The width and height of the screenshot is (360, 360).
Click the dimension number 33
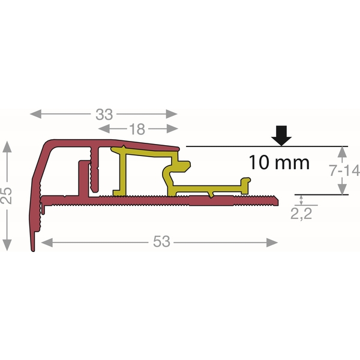coord(104,115)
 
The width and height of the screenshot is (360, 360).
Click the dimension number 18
coord(137,129)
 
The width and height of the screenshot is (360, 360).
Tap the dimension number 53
coord(161,242)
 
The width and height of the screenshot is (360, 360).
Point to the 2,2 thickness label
coord(301,214)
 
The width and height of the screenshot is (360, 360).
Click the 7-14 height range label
coord(344,170)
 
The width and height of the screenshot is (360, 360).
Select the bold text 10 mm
coord(279,163)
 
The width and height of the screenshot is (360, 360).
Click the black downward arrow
coord(281,136)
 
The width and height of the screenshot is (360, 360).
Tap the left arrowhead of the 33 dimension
coord(36,114)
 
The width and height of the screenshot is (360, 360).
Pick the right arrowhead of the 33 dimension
coord(172,114)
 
